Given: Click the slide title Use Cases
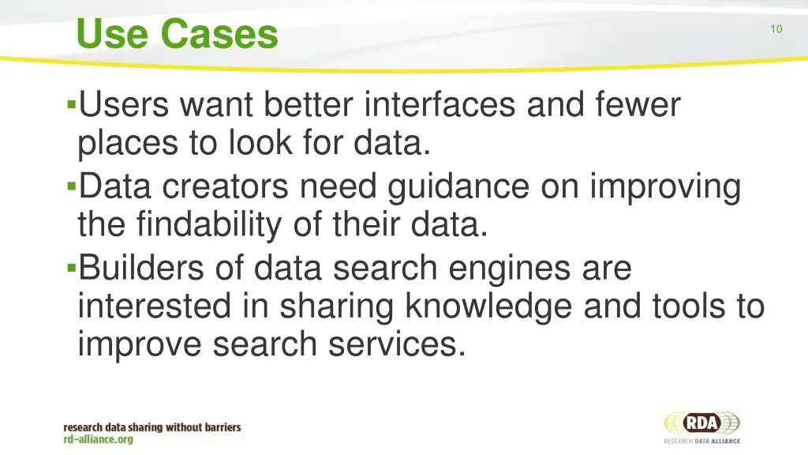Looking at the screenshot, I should pos(178,35).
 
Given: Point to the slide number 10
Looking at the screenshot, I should pos(776,29).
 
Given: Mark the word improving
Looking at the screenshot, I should pos(665,189).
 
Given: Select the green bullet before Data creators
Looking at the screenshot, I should pos(72,187).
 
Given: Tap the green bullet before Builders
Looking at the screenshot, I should pos(72,269).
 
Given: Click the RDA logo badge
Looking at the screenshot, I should pos(701,423).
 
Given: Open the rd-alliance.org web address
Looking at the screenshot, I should pos(99,440).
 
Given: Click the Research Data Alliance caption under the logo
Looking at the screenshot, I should pos(701,441).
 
